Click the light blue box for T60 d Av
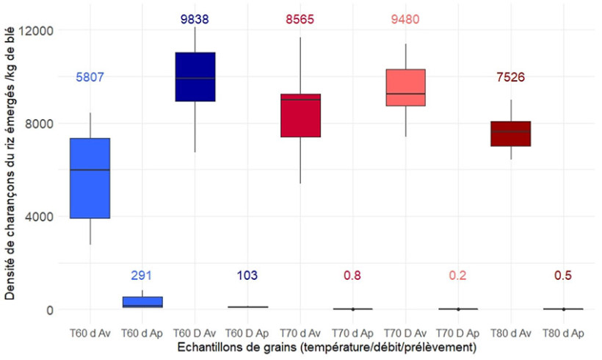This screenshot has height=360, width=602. click(x=90, y=178)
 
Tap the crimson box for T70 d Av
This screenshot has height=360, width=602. click(x=300, y=115)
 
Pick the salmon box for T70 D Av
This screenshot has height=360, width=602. click(x=406, y=87)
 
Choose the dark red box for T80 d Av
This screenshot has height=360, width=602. click(x=511, y=134)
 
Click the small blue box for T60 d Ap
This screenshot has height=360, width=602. click(x=142, y=302)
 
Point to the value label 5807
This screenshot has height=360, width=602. click(x=90, y=77)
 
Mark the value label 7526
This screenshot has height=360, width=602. click(x=511, y=77)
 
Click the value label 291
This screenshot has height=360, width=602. click(x=142, y=276)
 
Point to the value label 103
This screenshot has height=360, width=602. click(x=247, y=276)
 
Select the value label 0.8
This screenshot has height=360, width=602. click(x=352, y=276)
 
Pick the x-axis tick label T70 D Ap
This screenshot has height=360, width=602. click(x=458, y=331)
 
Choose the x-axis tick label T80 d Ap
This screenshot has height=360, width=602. click(x=564, y=331)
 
